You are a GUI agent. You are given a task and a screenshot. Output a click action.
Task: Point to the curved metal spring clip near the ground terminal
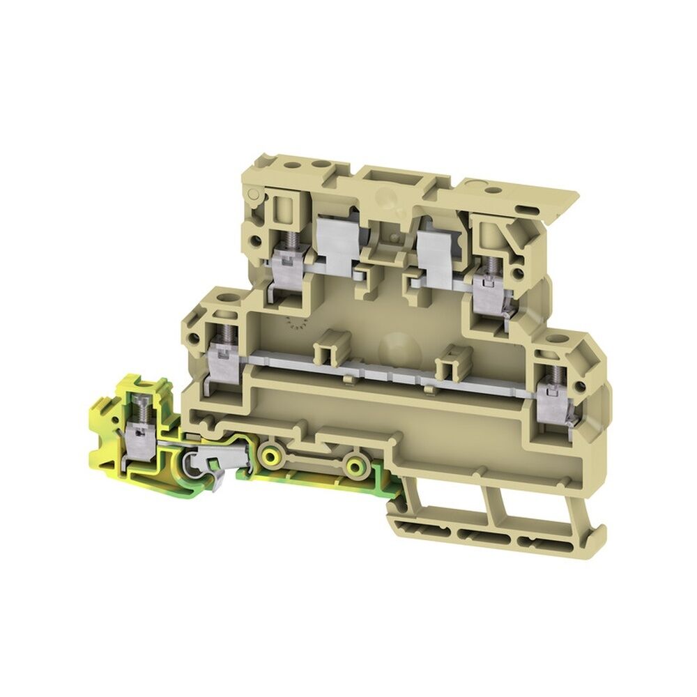coord(202,460)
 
